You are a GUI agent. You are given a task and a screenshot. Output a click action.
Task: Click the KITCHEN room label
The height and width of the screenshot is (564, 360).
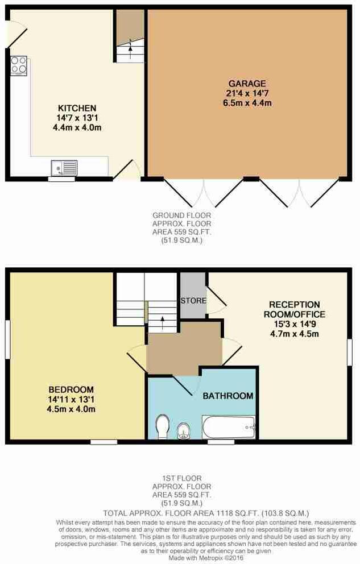[x=77, y=108]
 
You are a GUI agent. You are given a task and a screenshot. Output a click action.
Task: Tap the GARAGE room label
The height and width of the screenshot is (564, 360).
[x=247, y=83]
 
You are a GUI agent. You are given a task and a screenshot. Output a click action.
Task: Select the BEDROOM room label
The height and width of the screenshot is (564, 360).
[x=71, y=389]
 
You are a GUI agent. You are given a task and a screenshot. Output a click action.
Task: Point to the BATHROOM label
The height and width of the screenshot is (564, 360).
[x=228, y=396]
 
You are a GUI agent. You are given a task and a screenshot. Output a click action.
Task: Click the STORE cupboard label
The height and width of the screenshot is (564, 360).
[x=193, y=300]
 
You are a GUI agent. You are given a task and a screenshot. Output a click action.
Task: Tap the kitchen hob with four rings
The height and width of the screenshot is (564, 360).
[x=19, y=65]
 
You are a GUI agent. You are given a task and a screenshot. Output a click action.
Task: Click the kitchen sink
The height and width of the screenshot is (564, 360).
[x=64, y=168]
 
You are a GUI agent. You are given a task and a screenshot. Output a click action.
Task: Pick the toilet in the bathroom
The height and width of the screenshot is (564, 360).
[x=163, y=426]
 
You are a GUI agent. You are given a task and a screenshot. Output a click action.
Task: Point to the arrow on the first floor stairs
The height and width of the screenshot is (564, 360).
[x=163, y=322]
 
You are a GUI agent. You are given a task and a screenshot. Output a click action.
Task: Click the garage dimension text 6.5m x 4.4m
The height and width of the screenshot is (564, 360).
[x=247, y=103]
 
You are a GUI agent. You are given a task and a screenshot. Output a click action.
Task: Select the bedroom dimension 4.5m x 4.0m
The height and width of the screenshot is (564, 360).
[x=71, y=409]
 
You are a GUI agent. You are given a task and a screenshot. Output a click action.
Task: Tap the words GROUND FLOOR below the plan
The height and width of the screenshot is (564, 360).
[x=181, y=215]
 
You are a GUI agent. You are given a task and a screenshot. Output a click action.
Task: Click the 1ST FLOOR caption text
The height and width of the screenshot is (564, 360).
[x=181, y=479]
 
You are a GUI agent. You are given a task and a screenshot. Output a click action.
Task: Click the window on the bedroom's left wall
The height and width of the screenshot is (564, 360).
[x=7, y=339]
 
